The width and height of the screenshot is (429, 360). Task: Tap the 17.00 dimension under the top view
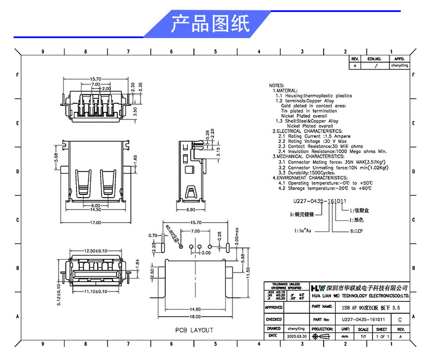click(x=96, y=223)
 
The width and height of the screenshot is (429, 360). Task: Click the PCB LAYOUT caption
click(x=194, y=330)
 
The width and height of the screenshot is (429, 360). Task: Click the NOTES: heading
click(x=276, y=86)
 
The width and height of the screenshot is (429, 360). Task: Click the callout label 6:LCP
click(x=356, y=231)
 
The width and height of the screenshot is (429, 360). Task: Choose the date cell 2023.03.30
click(x=295, y=336)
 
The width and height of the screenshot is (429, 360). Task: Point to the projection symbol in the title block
click(x=324, y=336)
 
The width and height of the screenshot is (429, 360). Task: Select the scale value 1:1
click(x=363, y=336)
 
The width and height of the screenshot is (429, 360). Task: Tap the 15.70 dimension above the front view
click(x=96, y=79)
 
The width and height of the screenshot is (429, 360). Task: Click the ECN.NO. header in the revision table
click(x=375, y=59)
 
